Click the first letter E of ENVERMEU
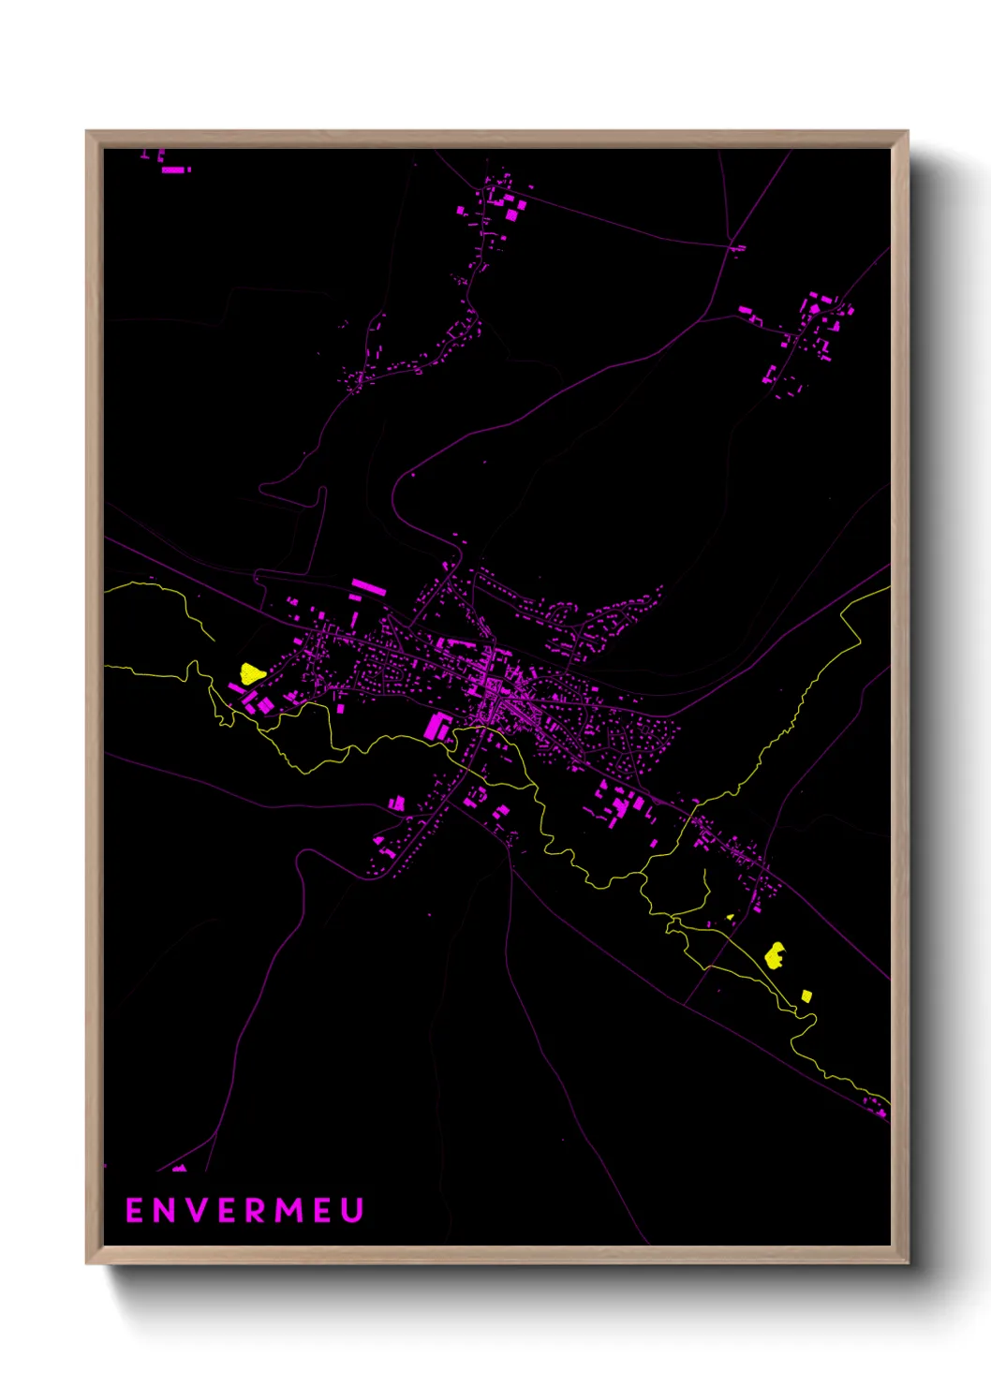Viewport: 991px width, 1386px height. point(134,1210)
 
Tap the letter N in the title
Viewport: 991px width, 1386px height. point(165,1210)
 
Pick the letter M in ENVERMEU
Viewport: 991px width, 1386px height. point(289,1210)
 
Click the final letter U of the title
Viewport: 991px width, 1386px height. point(352,1210)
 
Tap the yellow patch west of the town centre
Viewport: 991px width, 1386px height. point(251,672)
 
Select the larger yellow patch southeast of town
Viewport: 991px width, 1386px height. point(775,955)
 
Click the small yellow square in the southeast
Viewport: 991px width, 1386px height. point(806,995)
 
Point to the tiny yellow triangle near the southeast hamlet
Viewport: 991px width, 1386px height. point(730,917)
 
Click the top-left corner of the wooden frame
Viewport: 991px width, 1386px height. point(87,132)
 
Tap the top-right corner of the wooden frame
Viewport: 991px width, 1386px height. point(907,132)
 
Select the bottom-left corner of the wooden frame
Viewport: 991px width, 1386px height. point(87,1262)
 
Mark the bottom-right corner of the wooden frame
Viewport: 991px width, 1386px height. point(907,1262)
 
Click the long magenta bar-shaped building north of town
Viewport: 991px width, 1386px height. point(368,587)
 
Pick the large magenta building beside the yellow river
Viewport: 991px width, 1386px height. point(436,726)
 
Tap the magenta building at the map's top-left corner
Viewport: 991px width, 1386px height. point(175,170)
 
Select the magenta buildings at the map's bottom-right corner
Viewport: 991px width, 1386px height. point(880,1113)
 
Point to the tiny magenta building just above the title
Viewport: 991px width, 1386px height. point(178,1168)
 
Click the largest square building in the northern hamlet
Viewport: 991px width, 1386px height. point(512,214)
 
